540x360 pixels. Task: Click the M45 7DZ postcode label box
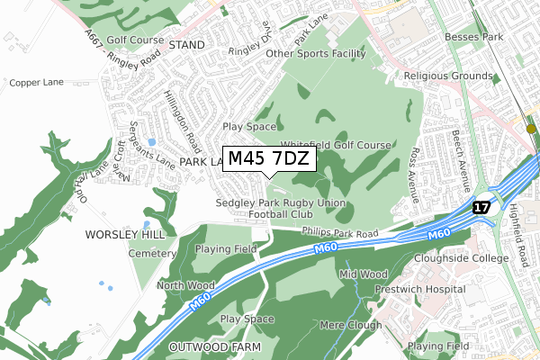(269, 158)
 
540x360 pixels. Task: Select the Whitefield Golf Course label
(336, 145)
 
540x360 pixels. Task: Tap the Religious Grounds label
(450, 77)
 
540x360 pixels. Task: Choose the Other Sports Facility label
(319, 54)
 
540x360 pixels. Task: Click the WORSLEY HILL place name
(126, 234)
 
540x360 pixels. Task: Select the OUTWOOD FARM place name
(214, 346)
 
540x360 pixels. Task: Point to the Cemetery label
(151, 255)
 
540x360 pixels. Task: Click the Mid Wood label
(364, 273)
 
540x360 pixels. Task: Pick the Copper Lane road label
(37, 82)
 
